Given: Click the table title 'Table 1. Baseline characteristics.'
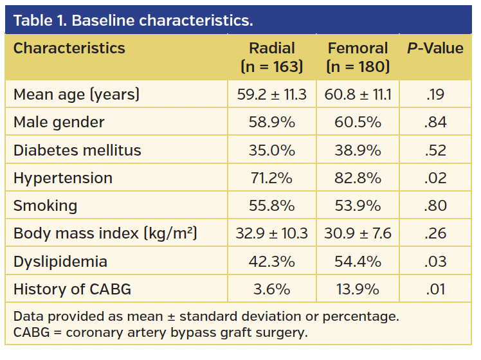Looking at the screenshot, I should coord(133,20).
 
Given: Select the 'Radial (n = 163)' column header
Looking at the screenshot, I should coord(271,57).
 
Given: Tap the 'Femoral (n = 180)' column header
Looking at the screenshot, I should coord(358,57).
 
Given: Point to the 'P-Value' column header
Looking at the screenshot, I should coord(435,48).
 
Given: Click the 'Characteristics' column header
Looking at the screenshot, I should coord(69,48).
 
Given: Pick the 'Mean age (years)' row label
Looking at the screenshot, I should coord(77,94).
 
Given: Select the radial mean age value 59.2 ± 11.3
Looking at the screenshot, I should coord(271,94).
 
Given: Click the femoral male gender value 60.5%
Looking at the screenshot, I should coord(358,122).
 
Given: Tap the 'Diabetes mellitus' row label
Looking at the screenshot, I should coord(77,150).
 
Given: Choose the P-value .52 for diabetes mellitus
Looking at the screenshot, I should coord(435,150).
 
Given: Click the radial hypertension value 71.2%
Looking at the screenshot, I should coord(271,177).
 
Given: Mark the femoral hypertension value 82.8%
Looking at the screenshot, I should coord(358,177).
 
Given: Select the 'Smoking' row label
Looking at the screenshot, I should coord(45,205).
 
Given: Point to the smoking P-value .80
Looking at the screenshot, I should coord(435,205).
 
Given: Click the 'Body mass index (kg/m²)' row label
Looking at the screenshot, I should coord(105,233).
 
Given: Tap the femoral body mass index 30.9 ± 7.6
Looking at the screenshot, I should coord(358,233).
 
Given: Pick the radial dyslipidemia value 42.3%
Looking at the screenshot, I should coord(271,261).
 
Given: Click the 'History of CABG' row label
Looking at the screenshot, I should coord(72,289).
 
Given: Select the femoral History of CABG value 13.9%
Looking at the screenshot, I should coord(358,289).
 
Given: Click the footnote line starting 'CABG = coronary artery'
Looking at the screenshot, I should coord(160,332).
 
